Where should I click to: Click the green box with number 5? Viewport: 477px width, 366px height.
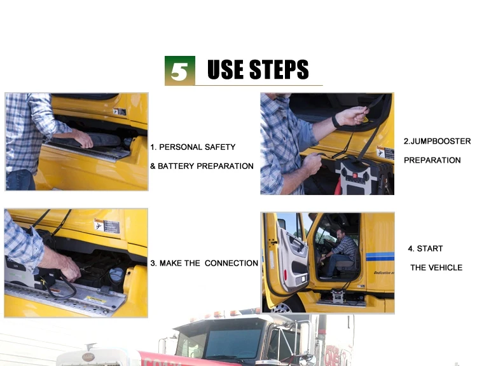click(x=180, y=71)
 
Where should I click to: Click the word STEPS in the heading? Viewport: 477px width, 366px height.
click(x=279, y=70)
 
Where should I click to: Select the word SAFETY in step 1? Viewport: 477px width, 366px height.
click(x=220, y=147)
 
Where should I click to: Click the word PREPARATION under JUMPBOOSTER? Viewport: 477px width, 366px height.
click(x=432, y=160)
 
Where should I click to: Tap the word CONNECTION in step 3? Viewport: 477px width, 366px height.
click(x=232, y=263)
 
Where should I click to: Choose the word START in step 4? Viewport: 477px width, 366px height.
click(x=429, y=248)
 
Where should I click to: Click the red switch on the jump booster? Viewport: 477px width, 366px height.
click(x=355, y=175)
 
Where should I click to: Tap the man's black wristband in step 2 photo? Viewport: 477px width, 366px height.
click(x=336, y=121)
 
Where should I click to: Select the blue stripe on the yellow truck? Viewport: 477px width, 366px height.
click(x=380, y=257)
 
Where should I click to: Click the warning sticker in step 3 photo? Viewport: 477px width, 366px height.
click(x=107, y=226)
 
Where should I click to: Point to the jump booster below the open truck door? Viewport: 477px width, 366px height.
click(x=338, y=296)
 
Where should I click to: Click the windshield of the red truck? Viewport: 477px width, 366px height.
click(x=233, y=344)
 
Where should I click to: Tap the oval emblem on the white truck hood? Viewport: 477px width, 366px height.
click(x=88, y=357)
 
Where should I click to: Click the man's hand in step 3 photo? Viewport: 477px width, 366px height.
click(x=70, y=268)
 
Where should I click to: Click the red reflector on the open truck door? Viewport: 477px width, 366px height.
click(x=286, y=274)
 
